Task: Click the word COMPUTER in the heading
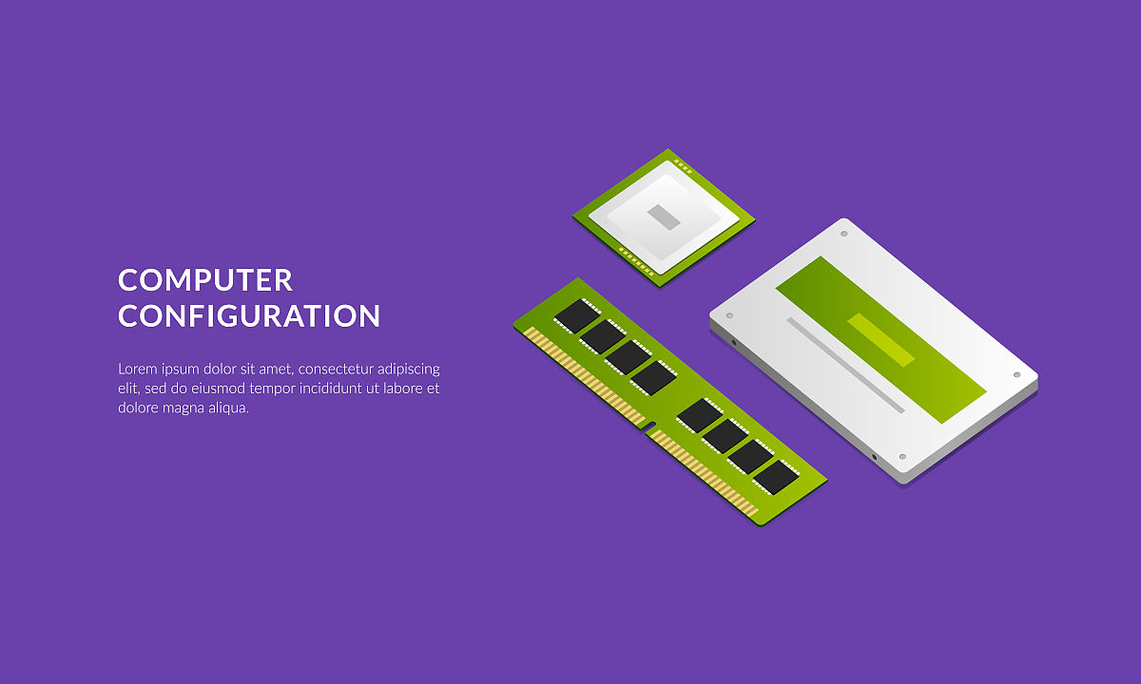click(x=205, y=280)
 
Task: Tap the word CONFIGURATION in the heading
click(x=249, y=315)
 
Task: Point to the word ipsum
click(x=180, y=370)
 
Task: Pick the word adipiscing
click(x=409, y=370)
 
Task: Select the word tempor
click(x=273, y=389)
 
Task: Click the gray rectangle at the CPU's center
click(x=664, y=218)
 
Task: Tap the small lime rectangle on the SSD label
click(x=880, y=339)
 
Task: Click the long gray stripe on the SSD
click(x=845, y=366)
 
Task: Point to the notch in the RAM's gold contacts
click(x=648, y=427)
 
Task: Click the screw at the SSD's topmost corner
click(x=844, y=234)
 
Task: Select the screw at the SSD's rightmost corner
click(x=1016, y=374)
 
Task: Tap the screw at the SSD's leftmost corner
click(x=729, y=315)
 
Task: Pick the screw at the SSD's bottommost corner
click(x=902, y=457)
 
